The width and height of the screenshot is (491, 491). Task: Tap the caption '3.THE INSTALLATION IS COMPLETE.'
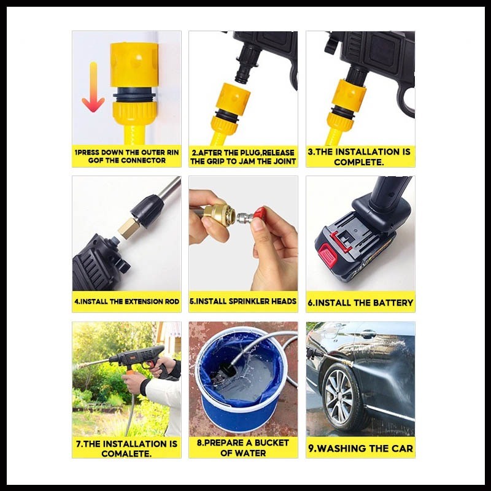[360, 157]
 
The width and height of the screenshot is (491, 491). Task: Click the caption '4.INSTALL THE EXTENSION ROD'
[126, 302]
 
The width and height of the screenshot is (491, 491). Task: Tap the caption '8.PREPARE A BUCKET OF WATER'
[243, 447]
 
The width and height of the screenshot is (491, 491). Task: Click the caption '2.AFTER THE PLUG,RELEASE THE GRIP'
[243, 157]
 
